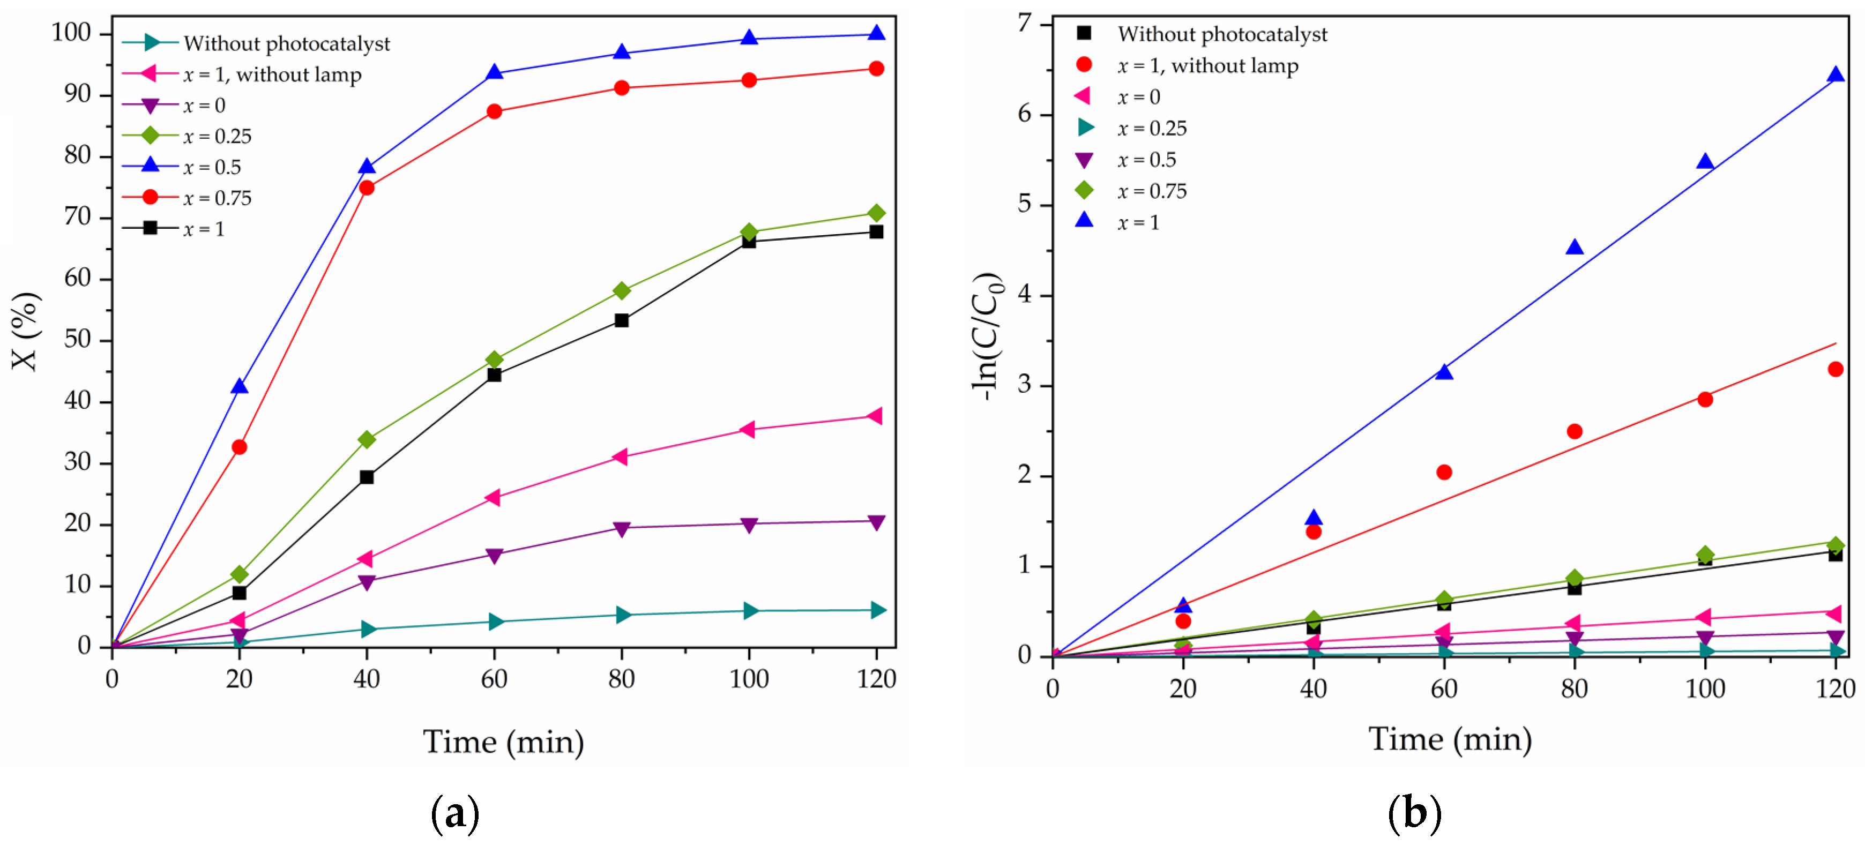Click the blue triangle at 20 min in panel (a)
pos(239,386)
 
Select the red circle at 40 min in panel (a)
pos(367,188)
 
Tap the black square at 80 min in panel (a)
pos(621,320)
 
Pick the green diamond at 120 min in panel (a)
pos(876,213)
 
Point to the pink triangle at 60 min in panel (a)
pos(493,497)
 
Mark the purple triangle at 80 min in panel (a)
pos(621,529)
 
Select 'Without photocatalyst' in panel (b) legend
pos(1221,34)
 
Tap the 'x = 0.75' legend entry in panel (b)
pos(1151,191)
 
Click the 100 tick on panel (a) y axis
pos(71,33)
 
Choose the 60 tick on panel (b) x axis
pos(1444,688)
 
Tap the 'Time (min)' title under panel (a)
pos(503,742)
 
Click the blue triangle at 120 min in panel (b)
pos(1836,74)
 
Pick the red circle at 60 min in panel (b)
pos(1444,472)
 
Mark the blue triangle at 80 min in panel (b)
pos(1574,248)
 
